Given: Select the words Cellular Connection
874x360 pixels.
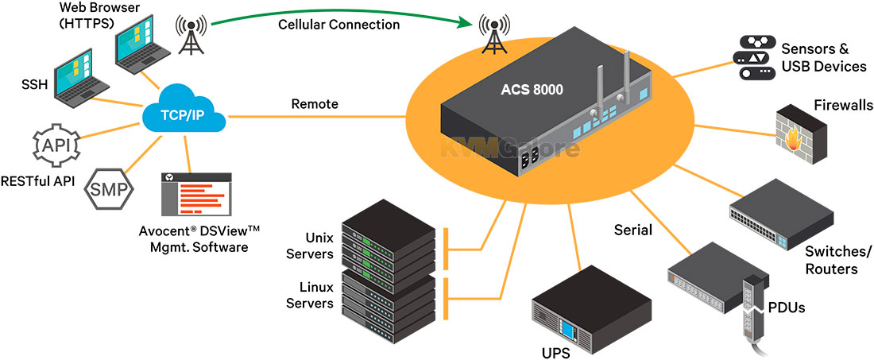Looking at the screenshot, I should coord(339,25).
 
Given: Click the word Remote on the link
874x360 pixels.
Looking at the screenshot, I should coord(315,104).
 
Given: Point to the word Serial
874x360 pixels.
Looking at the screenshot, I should coord(633,230).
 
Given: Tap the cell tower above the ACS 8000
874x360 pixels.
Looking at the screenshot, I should coord(495,35).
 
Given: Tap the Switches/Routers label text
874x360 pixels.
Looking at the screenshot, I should coord(837,261).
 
